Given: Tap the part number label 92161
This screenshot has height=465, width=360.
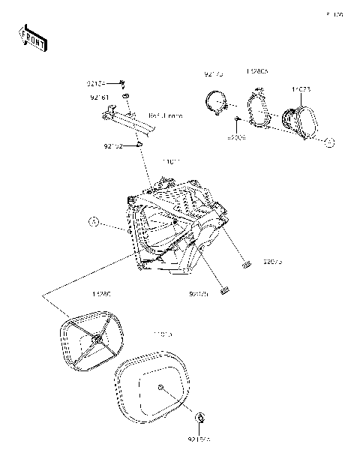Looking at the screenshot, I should (100, 96).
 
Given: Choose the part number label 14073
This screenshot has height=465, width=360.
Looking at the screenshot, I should (302, 89).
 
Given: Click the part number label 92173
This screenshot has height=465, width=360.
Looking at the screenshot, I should (215, 74).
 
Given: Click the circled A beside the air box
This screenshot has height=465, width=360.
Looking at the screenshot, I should (94, 221).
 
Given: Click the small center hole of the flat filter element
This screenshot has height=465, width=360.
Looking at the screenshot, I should (162, 387).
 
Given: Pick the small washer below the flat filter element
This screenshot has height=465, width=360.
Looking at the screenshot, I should (200, 416).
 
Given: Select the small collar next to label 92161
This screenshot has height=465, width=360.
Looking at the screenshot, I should (128, 97).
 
